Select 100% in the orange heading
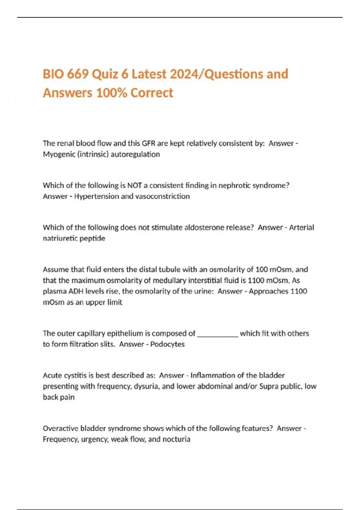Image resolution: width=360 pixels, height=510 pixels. (x=112, y=93)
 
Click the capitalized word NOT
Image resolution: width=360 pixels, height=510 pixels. (x=134, y=185)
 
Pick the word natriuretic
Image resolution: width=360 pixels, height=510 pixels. (x=59, y=238)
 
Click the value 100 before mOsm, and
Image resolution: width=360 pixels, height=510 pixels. (x=262, y=269)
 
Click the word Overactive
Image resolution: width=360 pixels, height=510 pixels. (x=61, y=428)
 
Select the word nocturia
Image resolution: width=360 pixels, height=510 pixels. (x=176, y=439)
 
